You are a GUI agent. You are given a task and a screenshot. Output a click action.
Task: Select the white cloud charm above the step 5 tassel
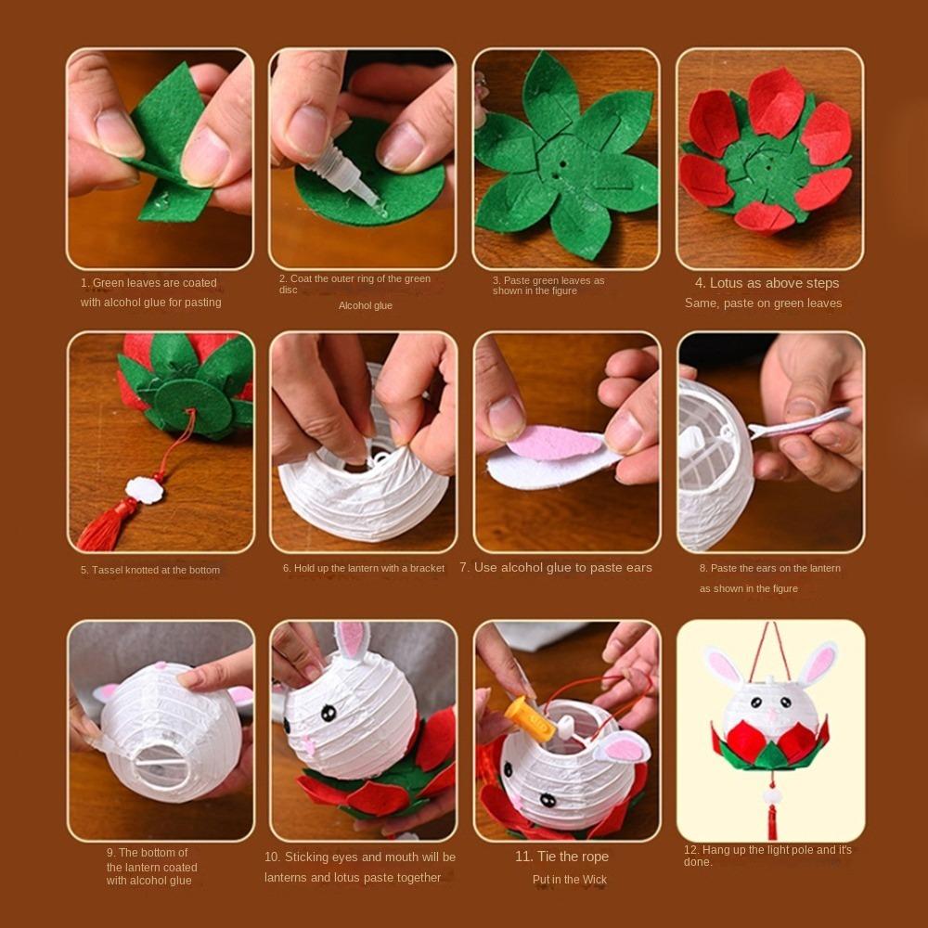pyautogui.click(x=144, y=490)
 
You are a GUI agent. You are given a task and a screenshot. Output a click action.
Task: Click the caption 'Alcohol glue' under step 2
pyautogui.click(x=365, y=305)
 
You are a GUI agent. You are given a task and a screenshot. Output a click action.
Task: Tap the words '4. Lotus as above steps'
pyautogui.click(x=767, y=283)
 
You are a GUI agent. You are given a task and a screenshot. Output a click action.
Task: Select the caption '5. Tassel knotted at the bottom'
pyautogui.click(x=149, y=570)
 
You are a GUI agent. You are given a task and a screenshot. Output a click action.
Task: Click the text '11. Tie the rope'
pyautogui.click(x=561, y=856)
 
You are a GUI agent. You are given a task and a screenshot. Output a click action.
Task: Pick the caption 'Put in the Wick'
pyautogui.click(x=569, y=880)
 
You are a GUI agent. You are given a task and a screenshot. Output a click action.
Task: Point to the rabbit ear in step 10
pyautogui.click(x=353, y=642)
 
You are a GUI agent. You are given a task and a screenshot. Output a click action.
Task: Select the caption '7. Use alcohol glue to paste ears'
pyautogui.click(x=556, y=567)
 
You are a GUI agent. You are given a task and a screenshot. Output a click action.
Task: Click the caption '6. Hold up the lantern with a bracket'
pyautogui.click(x=364, y=568)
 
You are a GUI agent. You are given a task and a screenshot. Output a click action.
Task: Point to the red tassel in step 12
pyautogui.click(x=770, y=821)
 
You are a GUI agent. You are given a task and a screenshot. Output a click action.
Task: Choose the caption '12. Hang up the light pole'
pyautogui.click(x=767, y=850)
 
